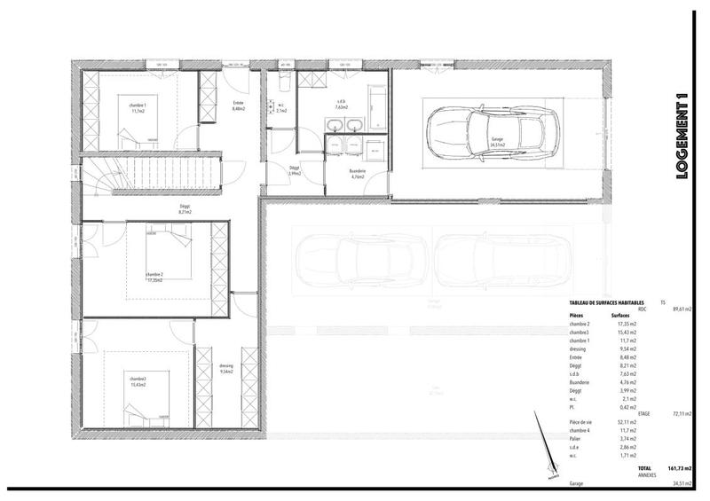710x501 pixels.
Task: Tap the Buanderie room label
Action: [x=358, y=172]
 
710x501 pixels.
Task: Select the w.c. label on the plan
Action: [x=280, y=108]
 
